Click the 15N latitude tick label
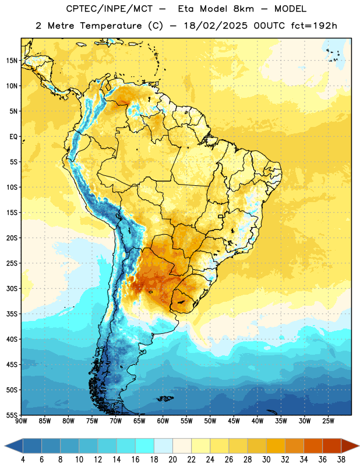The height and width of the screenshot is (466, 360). pyautogui.click(x=12, y=61)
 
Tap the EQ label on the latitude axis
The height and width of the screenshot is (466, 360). pyautogui.click(x=13, y=137)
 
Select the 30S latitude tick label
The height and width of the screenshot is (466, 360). pyautogui.click(x=12, y=288)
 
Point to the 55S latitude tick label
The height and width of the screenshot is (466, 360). pyautogui.click(x=12, y=415)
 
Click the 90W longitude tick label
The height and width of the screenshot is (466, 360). pyautogui.click(x=21, y=421)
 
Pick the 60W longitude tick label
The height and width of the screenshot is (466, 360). pyautogui.click(x=163, y=421)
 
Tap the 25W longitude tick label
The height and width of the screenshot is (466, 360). pyautogui.click(x=328, y=421)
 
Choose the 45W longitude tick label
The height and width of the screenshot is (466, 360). pyautogui.click(x=234, y=421)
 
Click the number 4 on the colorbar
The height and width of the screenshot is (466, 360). pyautogui.click(x=23, y=460)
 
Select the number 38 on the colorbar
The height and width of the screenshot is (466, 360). pyautogui.click(x=341, y=460)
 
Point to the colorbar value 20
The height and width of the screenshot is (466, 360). pyautogui.click(x=172, y=460)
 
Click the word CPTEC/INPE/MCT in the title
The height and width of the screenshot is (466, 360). pyautogui.click(x=110, y=9)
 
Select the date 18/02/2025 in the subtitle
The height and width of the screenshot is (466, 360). pyautogui.click(x=216, y=26)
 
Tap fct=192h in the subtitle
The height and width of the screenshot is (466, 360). pyautogui.click(x=314, y=26)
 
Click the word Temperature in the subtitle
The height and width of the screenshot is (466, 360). pyautogui.click(x=111, y=26)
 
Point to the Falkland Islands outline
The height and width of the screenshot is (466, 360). pyautogui.click(x=165, y=398)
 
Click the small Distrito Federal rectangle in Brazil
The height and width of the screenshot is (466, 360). pyautogui.click(x=221, y=216)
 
